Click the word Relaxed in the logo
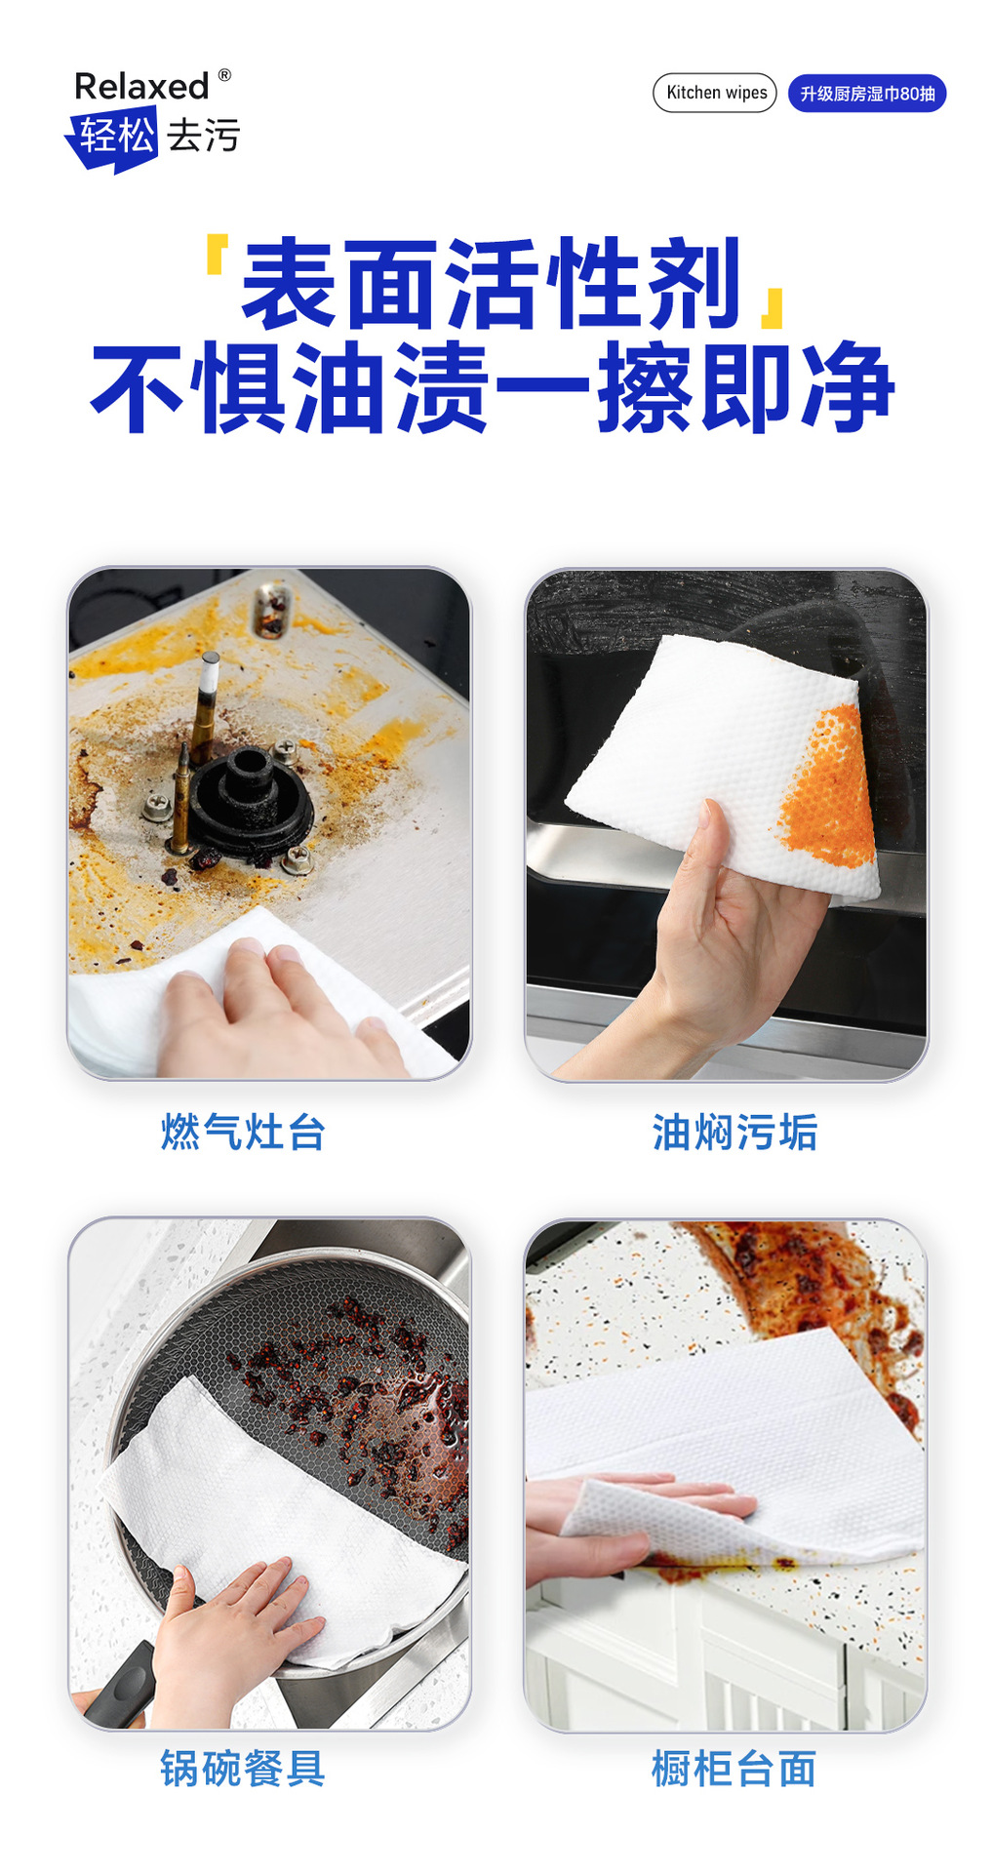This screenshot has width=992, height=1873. click(141, 87)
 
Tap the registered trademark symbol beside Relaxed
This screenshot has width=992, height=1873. click(224, 75)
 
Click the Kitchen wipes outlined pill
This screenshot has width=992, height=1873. click(715, 93)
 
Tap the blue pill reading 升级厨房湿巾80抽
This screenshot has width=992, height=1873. click(867, 94)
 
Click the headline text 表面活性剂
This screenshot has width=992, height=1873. click(493, 284)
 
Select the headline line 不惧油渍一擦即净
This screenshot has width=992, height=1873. click(493, 387)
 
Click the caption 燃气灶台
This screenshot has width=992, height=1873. click(243, 1133)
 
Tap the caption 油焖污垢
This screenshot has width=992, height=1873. click(734, 1133)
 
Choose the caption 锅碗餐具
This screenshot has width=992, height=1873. click(243, 1769)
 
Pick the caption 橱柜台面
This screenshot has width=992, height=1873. click(734, 1769)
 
